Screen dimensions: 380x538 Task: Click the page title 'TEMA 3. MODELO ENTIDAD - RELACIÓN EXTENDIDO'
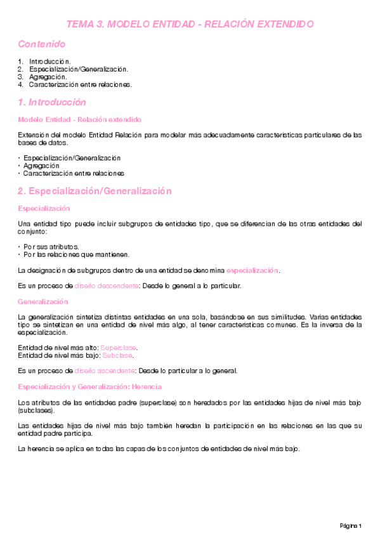[x=190, y=24]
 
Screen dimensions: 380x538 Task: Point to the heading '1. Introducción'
[x=52, y=102]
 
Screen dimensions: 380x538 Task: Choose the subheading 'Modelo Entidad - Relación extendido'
[x=80, y=119]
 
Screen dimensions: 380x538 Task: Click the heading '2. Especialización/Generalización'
[x=95, y=191]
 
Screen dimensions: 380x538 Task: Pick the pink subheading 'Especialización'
[x=44, y=208]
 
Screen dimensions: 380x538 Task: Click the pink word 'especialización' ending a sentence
[x=252, y=270]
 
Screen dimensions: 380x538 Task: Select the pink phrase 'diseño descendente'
[x=107, y=286]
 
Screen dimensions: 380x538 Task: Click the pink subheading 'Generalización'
[x=43, y=301]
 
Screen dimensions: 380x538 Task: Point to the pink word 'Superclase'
[x=119, y=348]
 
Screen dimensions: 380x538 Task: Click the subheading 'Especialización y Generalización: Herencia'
[x=90, y=386]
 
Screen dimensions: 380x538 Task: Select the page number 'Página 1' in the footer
[x=350, y=526]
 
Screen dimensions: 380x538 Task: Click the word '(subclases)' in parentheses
[x=36, y=410]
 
